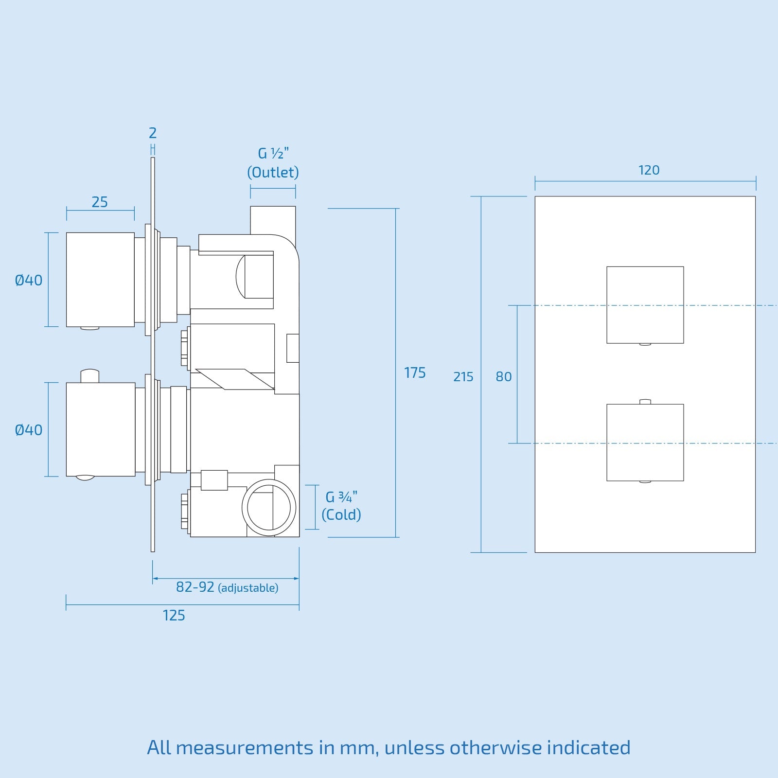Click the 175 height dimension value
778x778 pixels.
tap(415, 373)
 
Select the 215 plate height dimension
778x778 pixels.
tap(463, 377)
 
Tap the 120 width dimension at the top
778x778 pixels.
tap(649, 170)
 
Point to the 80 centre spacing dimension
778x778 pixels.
tap(504, 377)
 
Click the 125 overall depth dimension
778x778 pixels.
tap(174, 616)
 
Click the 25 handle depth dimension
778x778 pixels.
tap(100, 202)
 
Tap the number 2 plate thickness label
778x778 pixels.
tap(153, 133)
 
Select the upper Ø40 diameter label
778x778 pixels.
tap(29, 281)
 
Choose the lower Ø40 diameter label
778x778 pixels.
tap(29, 430)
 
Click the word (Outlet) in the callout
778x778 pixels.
tap(273, 172)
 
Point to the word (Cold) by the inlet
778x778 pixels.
tap(341, 514)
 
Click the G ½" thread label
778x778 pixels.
tap(273, 154)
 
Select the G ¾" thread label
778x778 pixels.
tap(341, 497)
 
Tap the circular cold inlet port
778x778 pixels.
tap(269, 507)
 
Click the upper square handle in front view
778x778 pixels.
tap(645, 304)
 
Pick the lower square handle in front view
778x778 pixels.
tap(645, 442)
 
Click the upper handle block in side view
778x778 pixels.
tap(100, 280)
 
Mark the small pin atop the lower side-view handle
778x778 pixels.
tap(90, 376)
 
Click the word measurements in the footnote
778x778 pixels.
tap(245, 747)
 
